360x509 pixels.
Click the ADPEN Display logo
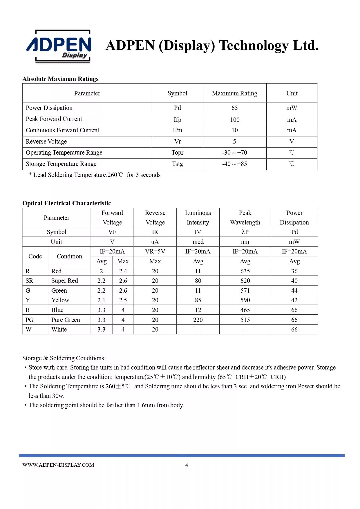59,46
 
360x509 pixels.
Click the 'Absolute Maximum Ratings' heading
60,79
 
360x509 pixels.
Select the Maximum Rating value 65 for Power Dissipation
234,108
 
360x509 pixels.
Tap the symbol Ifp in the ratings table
177,119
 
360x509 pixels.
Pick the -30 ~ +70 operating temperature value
234,153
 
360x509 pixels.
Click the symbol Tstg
177,164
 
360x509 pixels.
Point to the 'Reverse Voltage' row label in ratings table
46,142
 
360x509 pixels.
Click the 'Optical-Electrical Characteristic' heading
66,203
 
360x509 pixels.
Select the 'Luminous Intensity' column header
198,218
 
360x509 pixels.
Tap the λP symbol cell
245,232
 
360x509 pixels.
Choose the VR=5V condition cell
155,251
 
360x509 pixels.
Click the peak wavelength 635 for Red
245,271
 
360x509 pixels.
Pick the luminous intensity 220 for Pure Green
198,320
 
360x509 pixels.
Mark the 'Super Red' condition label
64,281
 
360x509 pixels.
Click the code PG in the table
30,320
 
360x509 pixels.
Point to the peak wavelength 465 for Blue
245,310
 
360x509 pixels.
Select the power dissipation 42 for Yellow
294,300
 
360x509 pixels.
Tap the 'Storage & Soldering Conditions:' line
64,358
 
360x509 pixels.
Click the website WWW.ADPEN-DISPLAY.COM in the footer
58,465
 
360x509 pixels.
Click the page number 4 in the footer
187,465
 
